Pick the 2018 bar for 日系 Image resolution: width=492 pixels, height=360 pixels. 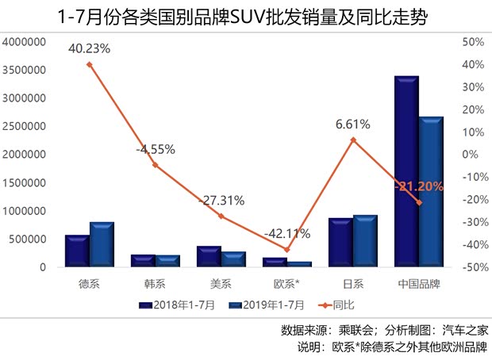[x=340, y=242]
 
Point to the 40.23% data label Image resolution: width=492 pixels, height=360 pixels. [x=89, y=48]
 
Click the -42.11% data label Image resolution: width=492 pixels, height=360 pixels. [x=286, y=233]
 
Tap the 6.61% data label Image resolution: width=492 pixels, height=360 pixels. [x=352, y=124]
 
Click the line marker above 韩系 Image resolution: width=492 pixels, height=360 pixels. [x=155, y=165]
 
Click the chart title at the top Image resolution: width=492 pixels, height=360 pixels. [x=245, y=15]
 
